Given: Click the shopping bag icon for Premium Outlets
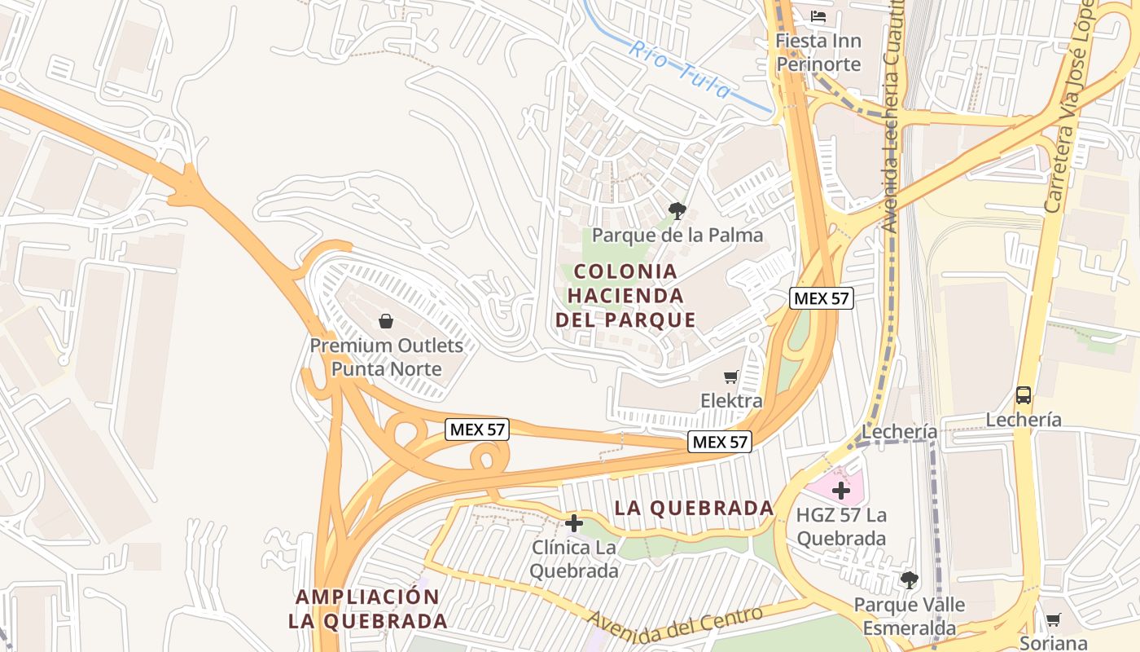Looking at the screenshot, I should [386, 321].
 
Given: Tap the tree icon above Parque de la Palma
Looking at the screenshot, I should [677, 212].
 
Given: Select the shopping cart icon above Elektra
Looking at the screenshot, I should [731, 377].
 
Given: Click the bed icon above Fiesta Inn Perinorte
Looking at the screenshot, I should [818, 15].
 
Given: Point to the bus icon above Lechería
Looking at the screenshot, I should [1024, 395].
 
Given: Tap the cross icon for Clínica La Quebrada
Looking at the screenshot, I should [574, 522].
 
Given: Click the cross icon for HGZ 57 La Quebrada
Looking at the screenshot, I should [841, 491].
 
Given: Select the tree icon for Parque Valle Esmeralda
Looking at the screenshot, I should [909, 580].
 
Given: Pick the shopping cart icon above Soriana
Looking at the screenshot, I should [1053, 619].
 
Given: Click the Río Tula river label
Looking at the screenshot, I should [680, 69].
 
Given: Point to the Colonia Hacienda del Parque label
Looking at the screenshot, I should [625, 295].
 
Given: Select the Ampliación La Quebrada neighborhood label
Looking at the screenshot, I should [367, 609].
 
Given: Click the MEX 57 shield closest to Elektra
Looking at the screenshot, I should [720, 442].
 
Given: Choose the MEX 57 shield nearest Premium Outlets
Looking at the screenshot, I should [477, 430].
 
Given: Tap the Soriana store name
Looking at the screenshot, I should [1057, 642].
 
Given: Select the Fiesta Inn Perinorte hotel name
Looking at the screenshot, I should [818, 52].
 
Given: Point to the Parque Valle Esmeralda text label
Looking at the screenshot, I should [909, 616].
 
